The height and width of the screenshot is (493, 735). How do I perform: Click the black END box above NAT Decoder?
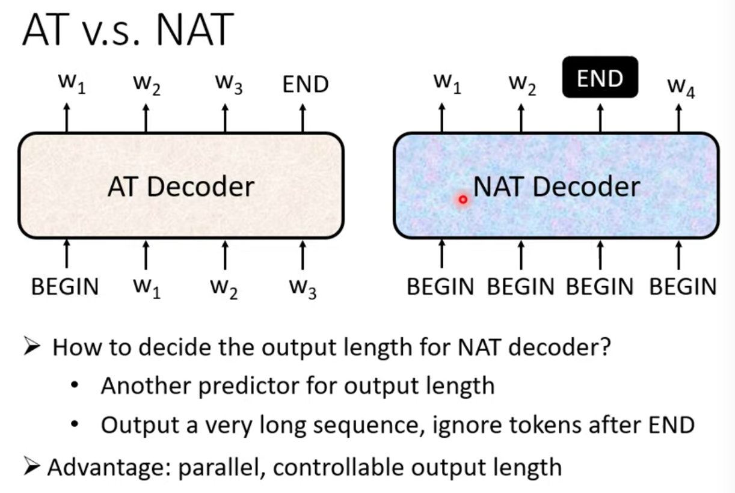click(x=600, y=77)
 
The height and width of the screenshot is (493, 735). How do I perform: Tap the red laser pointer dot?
click(x=463, y=200)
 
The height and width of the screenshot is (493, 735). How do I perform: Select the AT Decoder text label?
click(x=181, y=186)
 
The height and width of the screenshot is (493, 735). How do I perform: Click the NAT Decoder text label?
click(x=556, y=186)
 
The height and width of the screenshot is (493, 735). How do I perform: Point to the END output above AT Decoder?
click(x=306, y=84)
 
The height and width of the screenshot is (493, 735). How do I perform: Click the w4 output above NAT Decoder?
click(x=681, y=87)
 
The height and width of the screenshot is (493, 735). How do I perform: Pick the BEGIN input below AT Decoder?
click(x=65, y=287)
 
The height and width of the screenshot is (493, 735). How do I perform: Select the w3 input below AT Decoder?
click(x=303, y=289)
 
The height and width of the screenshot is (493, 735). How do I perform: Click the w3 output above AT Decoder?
click(x=229, y=84)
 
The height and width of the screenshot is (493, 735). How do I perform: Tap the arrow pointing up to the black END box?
click(x=600, y=118)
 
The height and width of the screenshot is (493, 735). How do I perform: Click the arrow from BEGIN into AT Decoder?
click(x=67, y=254)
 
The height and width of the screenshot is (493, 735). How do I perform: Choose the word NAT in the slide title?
click(x=195, y=29)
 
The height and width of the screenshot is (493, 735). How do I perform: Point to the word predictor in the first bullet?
click(x=249, y=386)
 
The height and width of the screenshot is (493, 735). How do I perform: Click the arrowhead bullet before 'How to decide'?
click(x=32, y=346)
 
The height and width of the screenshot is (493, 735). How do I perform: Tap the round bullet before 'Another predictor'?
click(x=75, y=384)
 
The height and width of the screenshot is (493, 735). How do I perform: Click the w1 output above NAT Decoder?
click(x=447, y=84)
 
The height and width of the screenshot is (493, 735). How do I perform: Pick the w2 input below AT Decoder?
click(x=224, y=289)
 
